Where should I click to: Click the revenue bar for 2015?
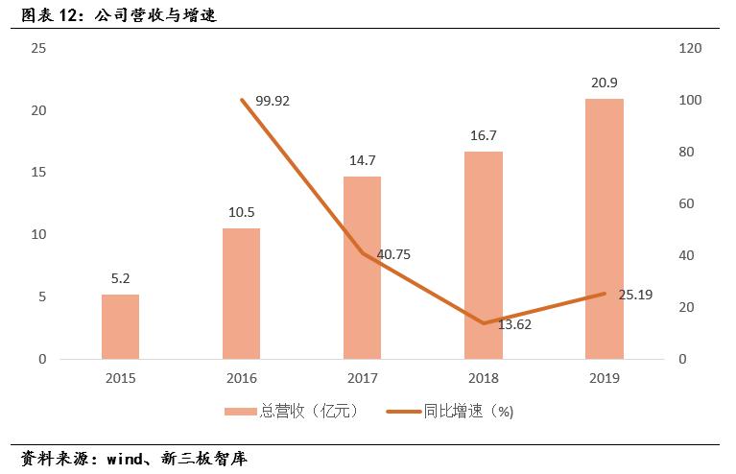pos(120,326)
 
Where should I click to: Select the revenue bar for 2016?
pos(241,294)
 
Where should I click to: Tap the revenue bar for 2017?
pos(362,268)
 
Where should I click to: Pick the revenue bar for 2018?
pos(483,255)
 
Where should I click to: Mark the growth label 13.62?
pos(513,324)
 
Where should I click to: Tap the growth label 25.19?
pos(635,295)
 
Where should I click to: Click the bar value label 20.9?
pos(605,83)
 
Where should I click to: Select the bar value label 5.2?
pos(120,278)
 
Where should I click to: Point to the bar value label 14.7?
pos(362,160)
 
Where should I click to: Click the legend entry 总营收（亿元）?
pos(292,411)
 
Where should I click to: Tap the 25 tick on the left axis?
pos(39,48)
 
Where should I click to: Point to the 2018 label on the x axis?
pos(483,378)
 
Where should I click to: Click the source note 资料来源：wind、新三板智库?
pos(134,459)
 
